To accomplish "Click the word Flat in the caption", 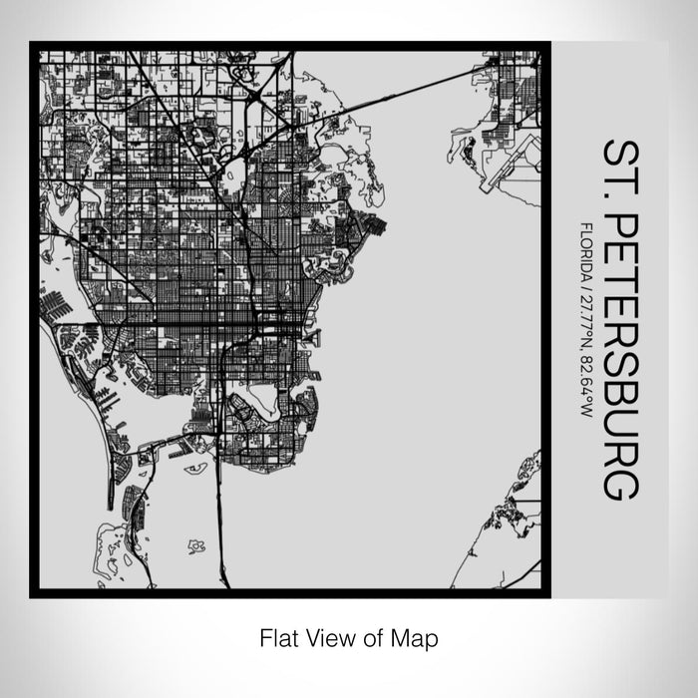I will pyautogui.click(x=275, y=636).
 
